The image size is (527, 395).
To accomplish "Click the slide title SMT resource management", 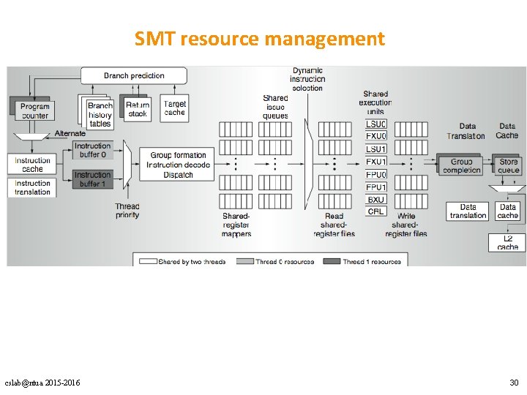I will [260, 38].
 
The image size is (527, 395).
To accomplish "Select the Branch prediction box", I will [134, 75].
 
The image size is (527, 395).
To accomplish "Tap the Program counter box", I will [34, 111].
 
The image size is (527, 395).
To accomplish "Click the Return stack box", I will [137, 110].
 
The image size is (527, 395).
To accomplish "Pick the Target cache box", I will [175, 108].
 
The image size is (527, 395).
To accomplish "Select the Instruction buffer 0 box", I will [93, 151].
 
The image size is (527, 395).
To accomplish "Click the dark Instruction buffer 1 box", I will [93, 179].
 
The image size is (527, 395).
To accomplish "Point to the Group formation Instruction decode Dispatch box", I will [179, 165].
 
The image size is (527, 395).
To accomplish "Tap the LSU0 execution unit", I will [375, 124].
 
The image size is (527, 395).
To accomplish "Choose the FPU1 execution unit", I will [375, 187].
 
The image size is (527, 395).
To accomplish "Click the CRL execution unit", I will [375, 211].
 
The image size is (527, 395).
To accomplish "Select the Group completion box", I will [461, 166].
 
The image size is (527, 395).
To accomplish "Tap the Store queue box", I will [509, 166].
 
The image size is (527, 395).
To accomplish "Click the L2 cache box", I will [508, 243].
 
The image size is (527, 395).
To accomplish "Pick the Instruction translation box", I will [33, 188].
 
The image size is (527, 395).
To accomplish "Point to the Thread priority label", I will [127, 211].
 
